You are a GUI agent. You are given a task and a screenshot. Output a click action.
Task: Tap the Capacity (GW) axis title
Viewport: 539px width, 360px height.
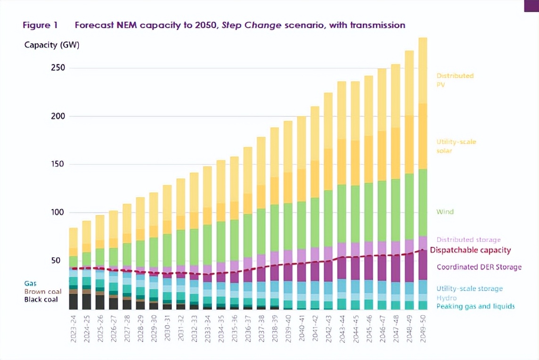(52, 45)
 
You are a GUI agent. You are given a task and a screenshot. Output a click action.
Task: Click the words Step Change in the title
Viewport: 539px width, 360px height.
(258, 25)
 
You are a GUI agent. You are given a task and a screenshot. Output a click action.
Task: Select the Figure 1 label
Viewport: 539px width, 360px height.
(40, 25)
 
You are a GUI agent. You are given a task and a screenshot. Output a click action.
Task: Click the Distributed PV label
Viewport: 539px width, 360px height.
(455, 80)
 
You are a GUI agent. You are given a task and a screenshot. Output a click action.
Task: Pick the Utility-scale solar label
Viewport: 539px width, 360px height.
(456, 146)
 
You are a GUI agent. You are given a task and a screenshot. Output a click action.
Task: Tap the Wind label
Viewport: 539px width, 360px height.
(445, 212)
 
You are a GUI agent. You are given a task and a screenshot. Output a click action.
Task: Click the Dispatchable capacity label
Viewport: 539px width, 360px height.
(470, 250)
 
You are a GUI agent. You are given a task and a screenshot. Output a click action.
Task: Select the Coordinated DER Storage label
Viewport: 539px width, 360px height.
(479, 267)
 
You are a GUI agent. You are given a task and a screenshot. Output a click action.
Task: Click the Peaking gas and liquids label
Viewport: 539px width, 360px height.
(475, 306)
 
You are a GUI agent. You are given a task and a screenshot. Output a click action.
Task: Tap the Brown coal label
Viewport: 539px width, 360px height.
(43, 292)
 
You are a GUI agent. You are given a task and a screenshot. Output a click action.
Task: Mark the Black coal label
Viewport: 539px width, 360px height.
(42, 300)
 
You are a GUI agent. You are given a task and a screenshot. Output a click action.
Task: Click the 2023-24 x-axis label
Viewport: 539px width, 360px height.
(73, 329)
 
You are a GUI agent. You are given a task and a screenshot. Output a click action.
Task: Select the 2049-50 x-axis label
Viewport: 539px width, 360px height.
(423, 329)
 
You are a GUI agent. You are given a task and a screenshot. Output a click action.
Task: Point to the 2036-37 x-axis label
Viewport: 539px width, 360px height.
(248, 329)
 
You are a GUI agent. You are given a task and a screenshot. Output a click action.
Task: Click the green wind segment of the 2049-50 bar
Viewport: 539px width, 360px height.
(423, 203)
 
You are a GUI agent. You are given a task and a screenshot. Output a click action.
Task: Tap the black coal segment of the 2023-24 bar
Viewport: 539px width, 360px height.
(73, 302)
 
